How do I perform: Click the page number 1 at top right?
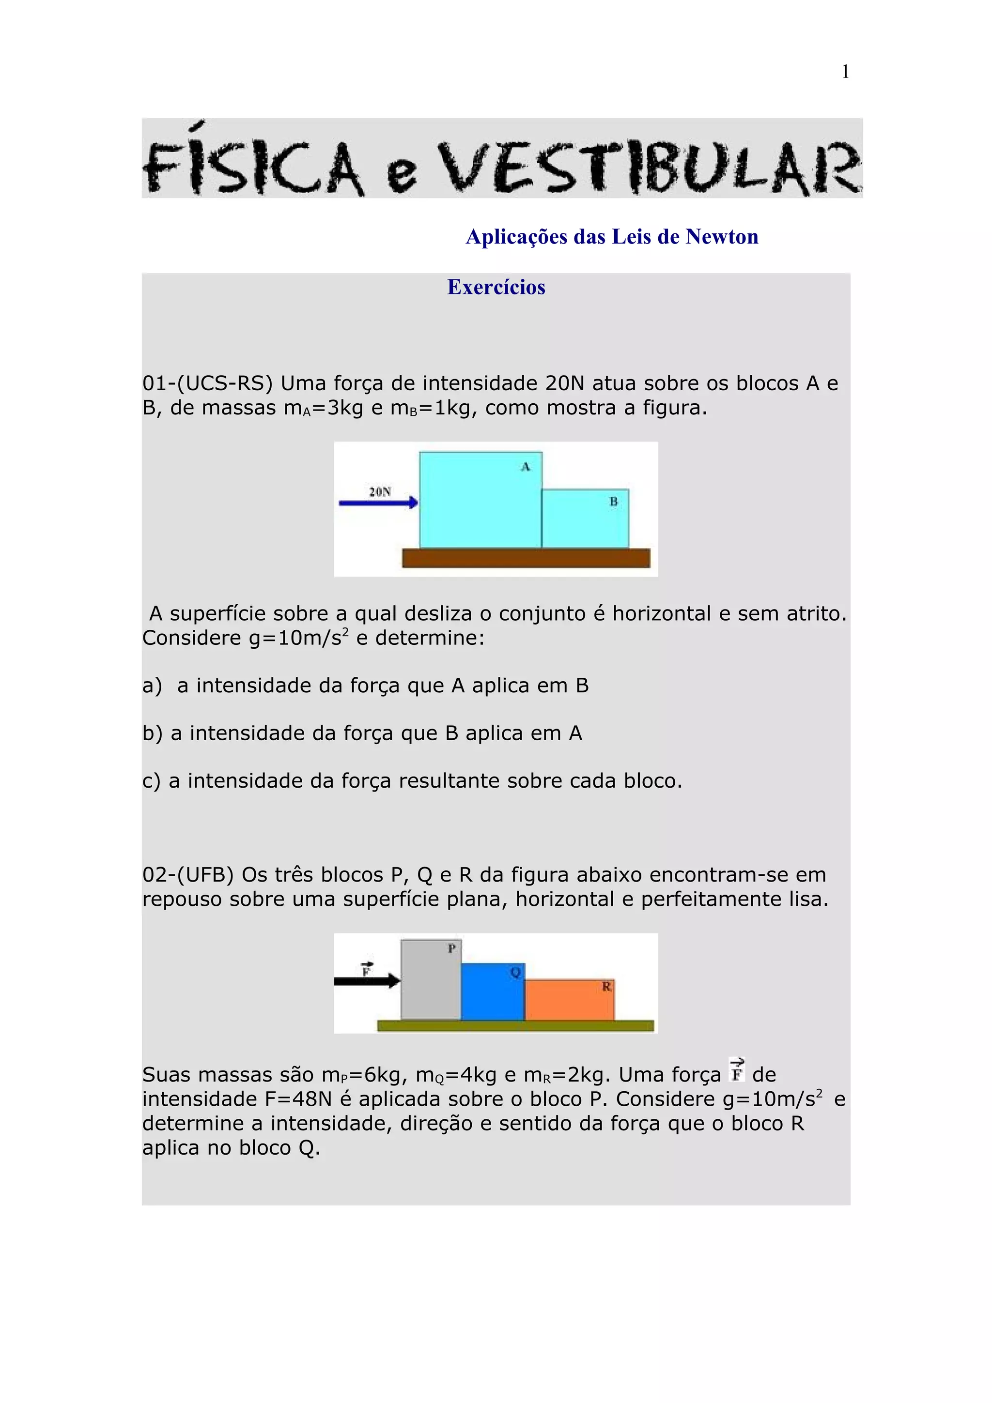(x=845, y=72)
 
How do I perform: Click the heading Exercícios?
(x=496, y=287)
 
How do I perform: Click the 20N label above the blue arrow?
(x=380, y=491)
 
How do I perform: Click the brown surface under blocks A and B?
(x=526, y=558)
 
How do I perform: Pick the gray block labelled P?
(x=430, y=980)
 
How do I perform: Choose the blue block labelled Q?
(x=492, y=992)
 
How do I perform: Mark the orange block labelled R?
(x=569, y=1000)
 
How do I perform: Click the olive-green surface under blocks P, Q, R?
(x=515, y=1025)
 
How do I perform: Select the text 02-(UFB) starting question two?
(x=188, y=874)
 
